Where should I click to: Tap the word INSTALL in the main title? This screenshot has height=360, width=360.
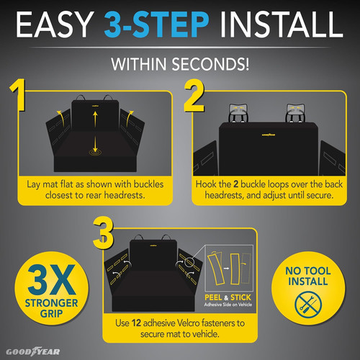277,27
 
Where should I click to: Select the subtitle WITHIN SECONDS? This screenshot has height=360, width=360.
179,63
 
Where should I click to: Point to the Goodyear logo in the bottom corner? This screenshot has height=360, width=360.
32,352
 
